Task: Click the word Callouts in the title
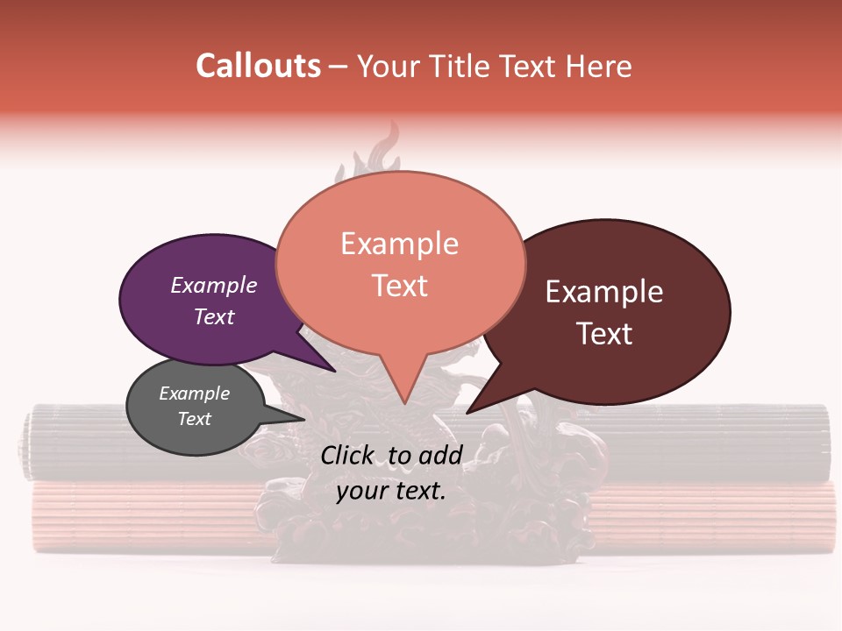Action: click(x=258, y=66)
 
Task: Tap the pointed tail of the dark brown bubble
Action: click(x=474, y=408)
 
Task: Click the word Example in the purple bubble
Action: click(x=213, y=285)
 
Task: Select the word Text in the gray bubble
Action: click(x=194, y=419)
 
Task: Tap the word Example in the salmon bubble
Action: click(x=399, y=243)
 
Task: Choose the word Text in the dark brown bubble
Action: click(x=604, y=333)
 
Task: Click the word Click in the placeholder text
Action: click(x=348, y=455)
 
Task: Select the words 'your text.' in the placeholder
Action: click(x=390, y=491)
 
